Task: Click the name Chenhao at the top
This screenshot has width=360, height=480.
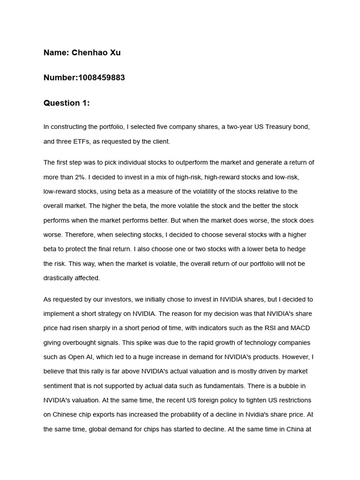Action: pos(89,52)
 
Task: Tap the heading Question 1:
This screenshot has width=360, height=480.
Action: pos(67,103)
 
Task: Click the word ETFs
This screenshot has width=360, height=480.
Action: pos(89,141)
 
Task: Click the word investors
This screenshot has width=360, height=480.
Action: pos(115,299)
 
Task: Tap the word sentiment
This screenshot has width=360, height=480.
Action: pos(60,386)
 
